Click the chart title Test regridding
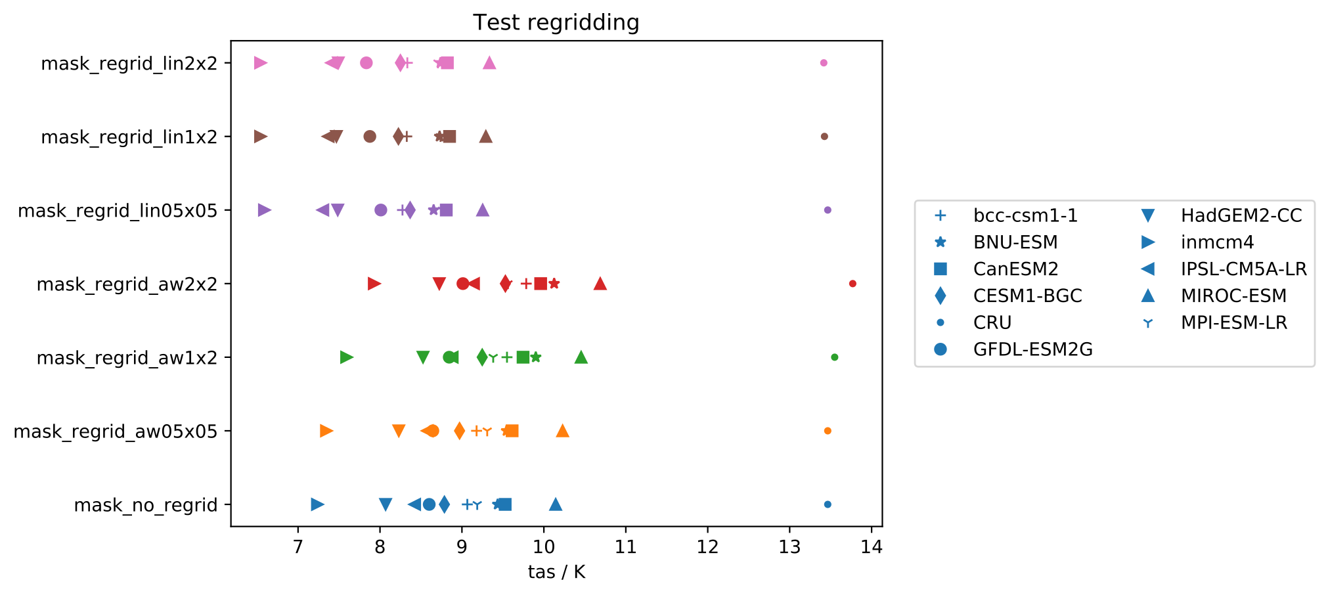[x=556, y=23]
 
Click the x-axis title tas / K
[x=556, y=572]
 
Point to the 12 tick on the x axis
[x=707, y=547]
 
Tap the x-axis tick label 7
[x=298, y=547]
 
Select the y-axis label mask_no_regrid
[x=145, y=505]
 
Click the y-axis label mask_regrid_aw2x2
[x=127, y=284]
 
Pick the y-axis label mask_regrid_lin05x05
[x=118, y=211]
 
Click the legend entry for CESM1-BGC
[x=1027, y=296]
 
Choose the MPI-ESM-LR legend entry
[x=1233, y=323]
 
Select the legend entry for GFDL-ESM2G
[x=1032, y=349]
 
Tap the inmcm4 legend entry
[x=1217, y=242]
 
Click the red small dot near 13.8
[x=852, y=284]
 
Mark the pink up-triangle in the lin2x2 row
[x=489, y=63]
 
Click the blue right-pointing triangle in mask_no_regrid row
[x=317, y=504]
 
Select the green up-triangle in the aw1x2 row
[x=581, y=357]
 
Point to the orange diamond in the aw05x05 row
[x=459, y=431]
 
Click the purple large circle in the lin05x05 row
[x=380, y=210]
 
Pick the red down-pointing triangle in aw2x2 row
[x=439, y=284]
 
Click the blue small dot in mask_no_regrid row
[x=828, y=504]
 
